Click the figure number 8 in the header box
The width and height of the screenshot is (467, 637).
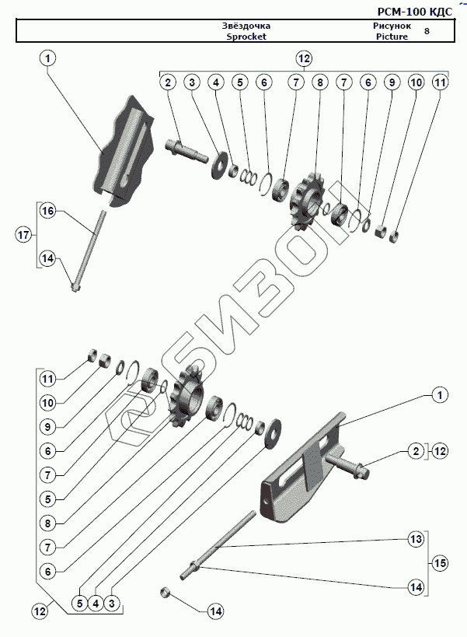coord(427,31)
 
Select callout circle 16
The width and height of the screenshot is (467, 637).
coord(48,212)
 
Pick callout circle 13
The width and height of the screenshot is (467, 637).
coord(416,539)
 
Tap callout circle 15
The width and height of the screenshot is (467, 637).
coord(440,562)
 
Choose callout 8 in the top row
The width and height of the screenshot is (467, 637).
coord(318,82)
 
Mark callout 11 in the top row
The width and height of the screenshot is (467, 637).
coord(440,82)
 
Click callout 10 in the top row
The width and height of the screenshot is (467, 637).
coord(416,82)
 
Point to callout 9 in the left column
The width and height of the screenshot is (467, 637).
coord(48,426)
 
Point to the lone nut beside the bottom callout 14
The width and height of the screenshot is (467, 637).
coord(165,593)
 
